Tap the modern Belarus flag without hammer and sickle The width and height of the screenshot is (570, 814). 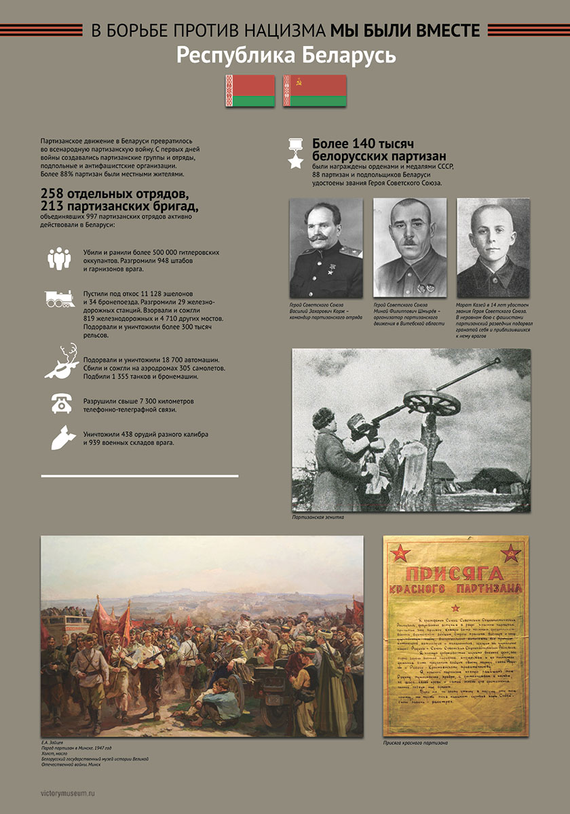click(250, 90)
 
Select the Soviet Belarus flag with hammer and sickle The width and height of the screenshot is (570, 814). click(314, 90)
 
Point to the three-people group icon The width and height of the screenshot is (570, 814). click(60, 258)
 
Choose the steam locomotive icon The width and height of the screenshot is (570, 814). click(60, 298)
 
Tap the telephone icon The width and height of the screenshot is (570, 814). click(61, 403)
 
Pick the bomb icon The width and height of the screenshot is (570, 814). click(60, 437)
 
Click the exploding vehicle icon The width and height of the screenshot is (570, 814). click(60, 361)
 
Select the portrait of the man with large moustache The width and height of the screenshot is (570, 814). click(326, 248)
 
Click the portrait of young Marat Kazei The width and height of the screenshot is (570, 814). click(493, 248)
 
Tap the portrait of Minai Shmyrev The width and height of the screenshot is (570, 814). click(409, 248)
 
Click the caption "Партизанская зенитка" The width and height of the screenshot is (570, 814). click(318, 518)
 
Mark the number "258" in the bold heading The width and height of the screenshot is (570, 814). click(53, 193)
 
